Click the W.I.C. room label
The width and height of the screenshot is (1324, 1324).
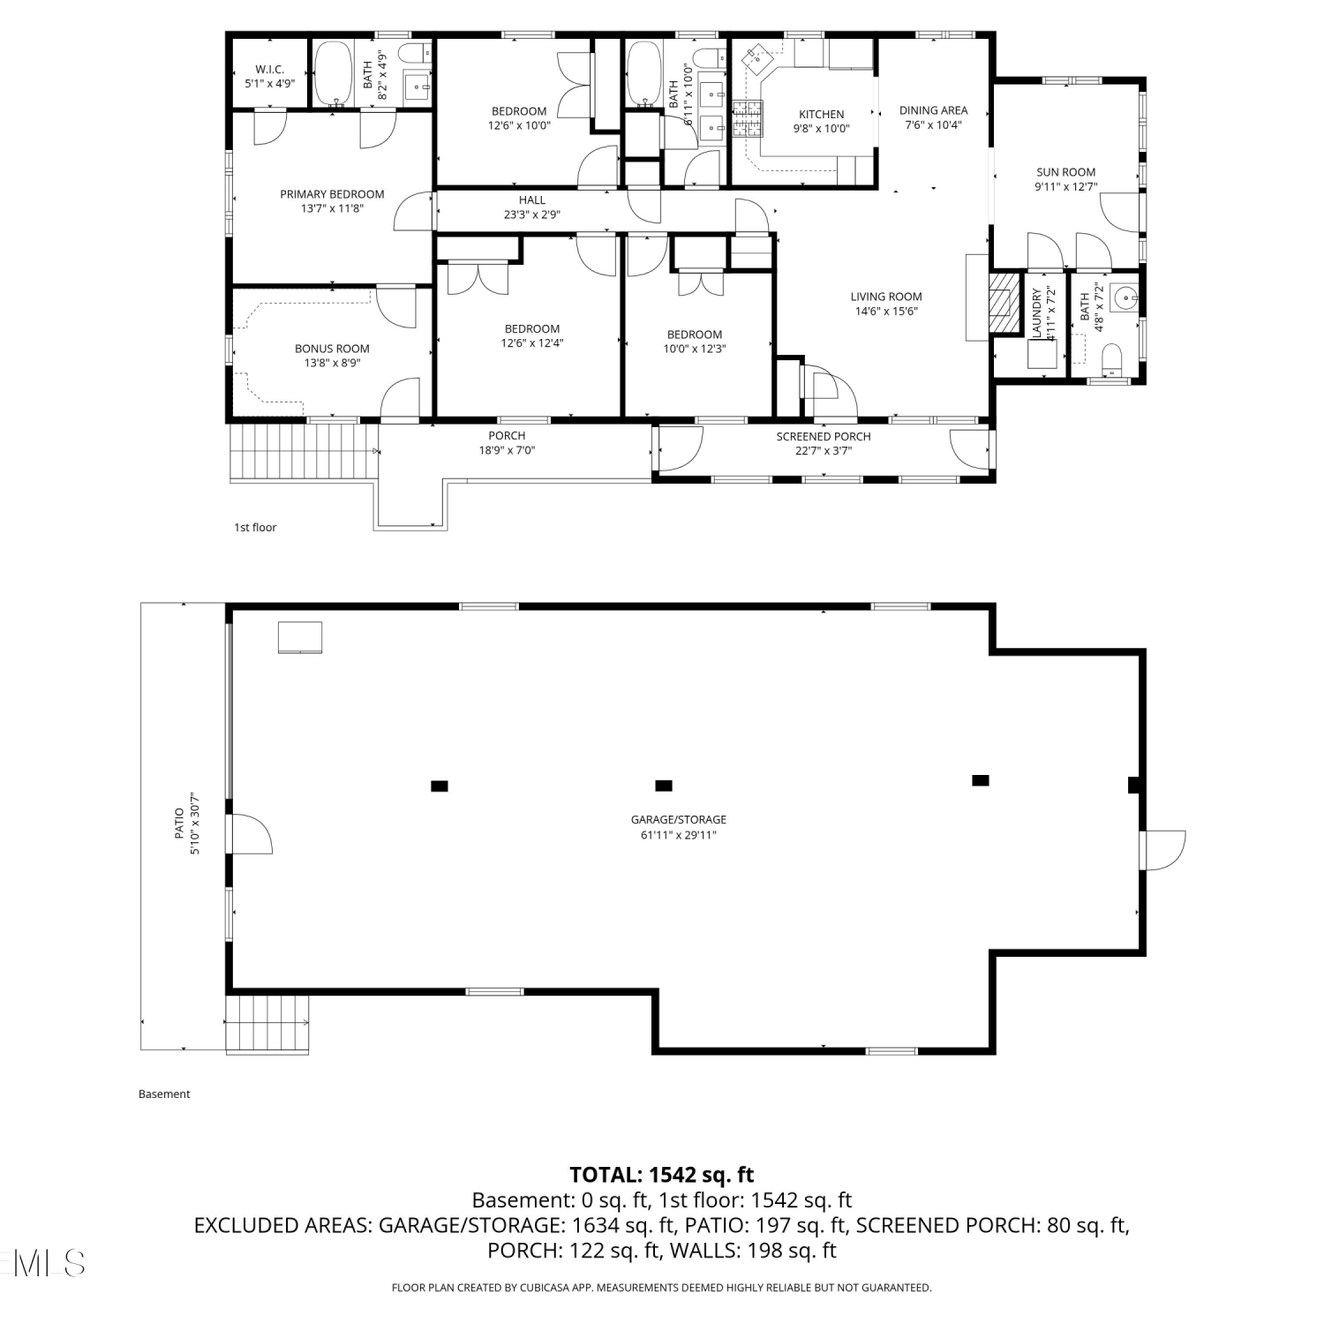[x=269, y=70]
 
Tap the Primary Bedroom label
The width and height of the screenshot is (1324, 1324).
[x=332, y=194]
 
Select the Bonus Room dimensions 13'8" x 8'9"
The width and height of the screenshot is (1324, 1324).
[x=332, y=363]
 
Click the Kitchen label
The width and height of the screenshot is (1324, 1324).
[x=821, y=114]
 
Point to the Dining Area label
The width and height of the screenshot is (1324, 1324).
[x=933, y=110]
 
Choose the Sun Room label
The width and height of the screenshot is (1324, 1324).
[x=1065, y=172]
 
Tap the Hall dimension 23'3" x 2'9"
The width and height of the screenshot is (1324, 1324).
[x=531, y=214]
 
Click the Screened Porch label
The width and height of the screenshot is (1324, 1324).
[x=824, y=436]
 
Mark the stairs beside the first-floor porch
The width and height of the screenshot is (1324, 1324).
[x=303, y=452]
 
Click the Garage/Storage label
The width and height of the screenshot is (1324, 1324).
[x=679, y=820]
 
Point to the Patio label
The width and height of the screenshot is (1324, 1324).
[x=179, y=824]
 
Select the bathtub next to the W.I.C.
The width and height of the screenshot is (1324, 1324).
[x=334, y=74]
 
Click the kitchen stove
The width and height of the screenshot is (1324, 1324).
[x=746, y=121]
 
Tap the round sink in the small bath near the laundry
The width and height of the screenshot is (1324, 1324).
[x=1125, y=298]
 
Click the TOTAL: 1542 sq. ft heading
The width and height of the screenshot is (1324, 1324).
[x=662, y=1175]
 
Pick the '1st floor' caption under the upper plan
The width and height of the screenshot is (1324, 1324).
[x=255, y=528]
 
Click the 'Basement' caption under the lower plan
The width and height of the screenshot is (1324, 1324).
[x=164, y=1095]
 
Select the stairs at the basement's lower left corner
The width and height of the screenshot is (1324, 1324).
[x=268, y=1024]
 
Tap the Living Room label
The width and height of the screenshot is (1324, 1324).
[x=886, y=297]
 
